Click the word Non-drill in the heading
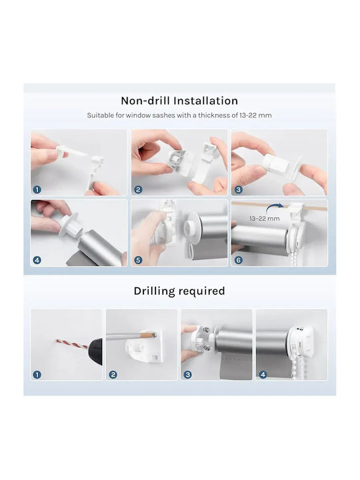tap(145, 101)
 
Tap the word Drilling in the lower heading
tap(154, 291)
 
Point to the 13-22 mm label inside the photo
tap(264, 219)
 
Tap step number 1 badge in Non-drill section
tap(37, 190)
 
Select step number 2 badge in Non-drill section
tap(138, 190)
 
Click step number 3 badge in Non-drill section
tap(238, 190)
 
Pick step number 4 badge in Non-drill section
tap(37, 260)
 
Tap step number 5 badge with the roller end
tap(138, 260)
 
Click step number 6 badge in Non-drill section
tap(238, 260)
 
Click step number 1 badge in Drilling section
tap(37, 375)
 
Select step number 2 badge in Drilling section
tap(113, 375)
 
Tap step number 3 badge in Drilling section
tap(187, 375)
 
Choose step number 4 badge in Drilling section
tap(263, 375)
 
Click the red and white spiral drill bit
tap(72, 344)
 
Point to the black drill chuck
tap(95, 349)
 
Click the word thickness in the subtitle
tap(217, 115)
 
